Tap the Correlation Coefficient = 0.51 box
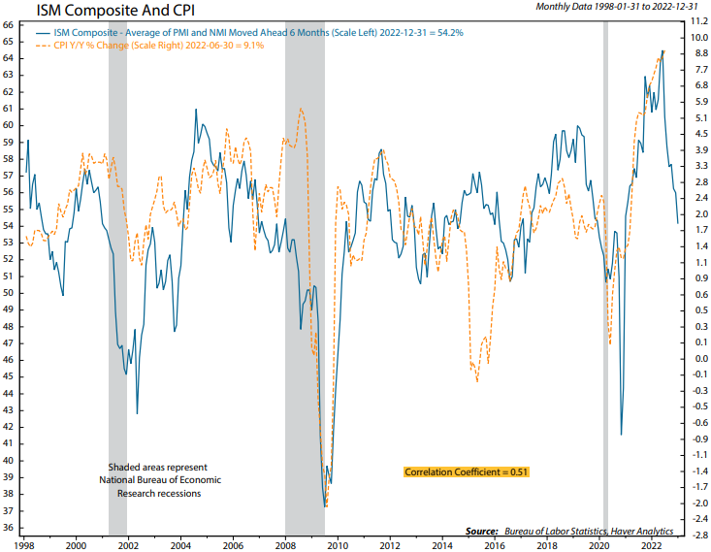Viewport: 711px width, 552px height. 466,471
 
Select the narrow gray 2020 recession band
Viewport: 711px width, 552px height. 605,272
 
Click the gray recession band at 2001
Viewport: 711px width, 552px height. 117,272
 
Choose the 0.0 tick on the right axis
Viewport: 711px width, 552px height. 697,358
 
